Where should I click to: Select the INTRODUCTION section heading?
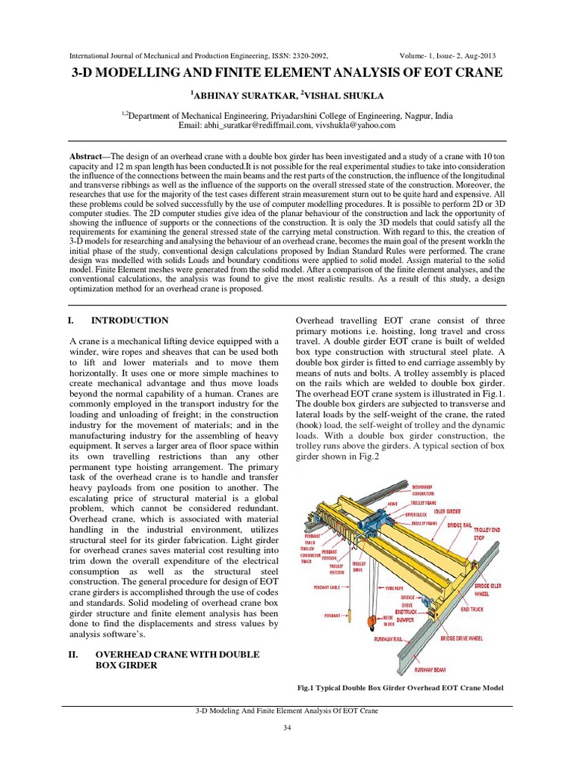pyautogui.click(x=129, y=320)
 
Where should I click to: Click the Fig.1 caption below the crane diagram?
pyautogui.click(x=400, y=687)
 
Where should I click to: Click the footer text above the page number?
pyautogui.click(x=286, y=712)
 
